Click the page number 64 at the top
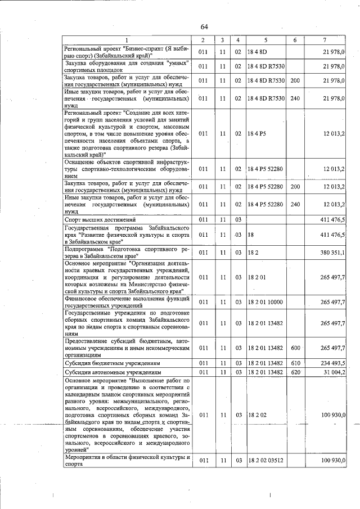coord(204,27)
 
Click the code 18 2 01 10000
coord(267,302)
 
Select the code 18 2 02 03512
coord(267,461)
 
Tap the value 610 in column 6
coord(295,363)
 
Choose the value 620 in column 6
coord(295,372)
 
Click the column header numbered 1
coord(127,40)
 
